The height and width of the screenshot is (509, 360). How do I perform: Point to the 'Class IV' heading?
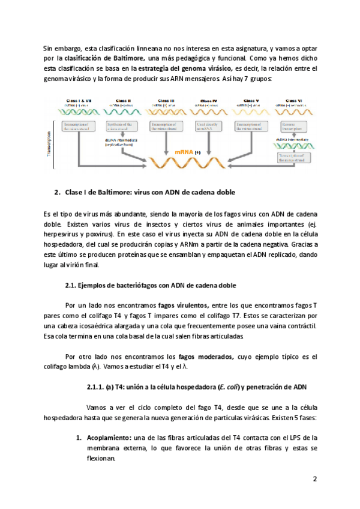pos(209,100)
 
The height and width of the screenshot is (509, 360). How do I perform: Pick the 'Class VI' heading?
pos(295,100)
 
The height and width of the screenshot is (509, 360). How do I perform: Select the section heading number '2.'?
pos(58,192)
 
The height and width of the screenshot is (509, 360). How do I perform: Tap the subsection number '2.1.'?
pos(71,284)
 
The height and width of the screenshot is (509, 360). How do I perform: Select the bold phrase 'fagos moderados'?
pos(208,356)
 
